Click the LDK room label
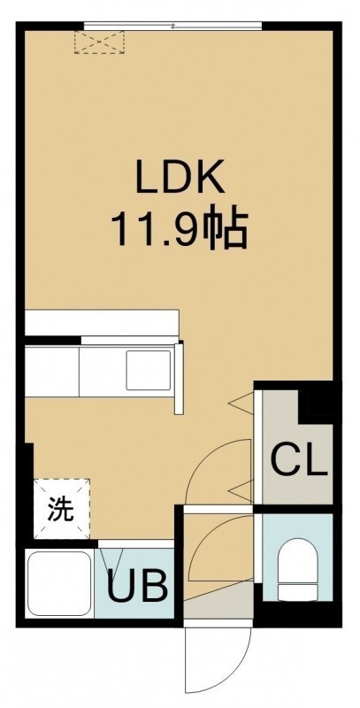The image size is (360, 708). (x=180, y=176)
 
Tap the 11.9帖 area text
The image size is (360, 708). (x=180, y=229)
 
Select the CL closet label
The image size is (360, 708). (x=298, y=459)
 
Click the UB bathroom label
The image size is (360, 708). (x=138, y=587)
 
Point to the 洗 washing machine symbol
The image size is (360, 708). (x=62, y=509)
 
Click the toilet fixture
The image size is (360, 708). (x=298, y=571)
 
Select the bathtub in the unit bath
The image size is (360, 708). (x=59, y=583)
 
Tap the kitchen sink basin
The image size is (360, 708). (x=149, y=370)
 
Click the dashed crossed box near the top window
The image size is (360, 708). (x=99, y=42)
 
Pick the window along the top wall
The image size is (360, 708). (x=172, y=27)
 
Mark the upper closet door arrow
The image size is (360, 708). (x=241, y=402)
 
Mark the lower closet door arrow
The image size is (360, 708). (x=241, y=491)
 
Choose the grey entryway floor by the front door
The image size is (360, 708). (x=218, y=602)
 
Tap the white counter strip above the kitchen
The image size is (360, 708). (x=102, y=322)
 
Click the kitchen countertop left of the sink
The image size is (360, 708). (x=52, y=371)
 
